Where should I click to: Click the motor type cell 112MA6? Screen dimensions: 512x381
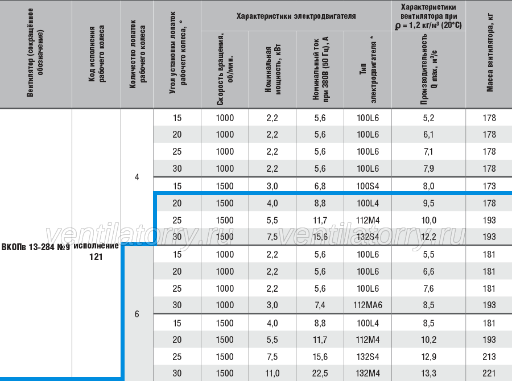click(368, 305)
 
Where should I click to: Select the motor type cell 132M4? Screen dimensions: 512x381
click(368, 373)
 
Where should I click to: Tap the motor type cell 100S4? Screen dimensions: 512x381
click(368, 186)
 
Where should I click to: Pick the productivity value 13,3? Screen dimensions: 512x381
click(428, 373)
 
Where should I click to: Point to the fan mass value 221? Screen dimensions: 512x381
click(489, 373)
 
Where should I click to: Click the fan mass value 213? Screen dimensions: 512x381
click(489, 357)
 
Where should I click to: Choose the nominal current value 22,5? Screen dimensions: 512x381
click(320, 373)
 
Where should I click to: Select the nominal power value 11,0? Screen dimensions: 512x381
click(272, 373)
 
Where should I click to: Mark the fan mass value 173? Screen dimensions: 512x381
click(489, 186)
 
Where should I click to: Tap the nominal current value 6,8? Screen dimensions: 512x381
click(320, 186)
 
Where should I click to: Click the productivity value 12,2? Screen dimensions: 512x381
click(428, 237)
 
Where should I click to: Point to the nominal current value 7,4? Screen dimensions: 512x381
click(320, 305)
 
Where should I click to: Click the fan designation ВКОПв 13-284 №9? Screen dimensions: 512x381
click(36, 247)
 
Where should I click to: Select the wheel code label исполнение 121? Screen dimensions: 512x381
click(96, 251)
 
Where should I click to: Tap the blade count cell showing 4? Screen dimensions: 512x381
click(137, 177)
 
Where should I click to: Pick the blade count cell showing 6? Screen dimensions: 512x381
click(137, 314)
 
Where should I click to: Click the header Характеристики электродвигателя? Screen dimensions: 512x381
click(296, 16)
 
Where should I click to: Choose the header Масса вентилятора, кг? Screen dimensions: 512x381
click(489, 52)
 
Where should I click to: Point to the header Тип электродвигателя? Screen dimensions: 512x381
click(368, 69)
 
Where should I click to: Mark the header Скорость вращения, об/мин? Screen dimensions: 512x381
click(225, 69)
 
